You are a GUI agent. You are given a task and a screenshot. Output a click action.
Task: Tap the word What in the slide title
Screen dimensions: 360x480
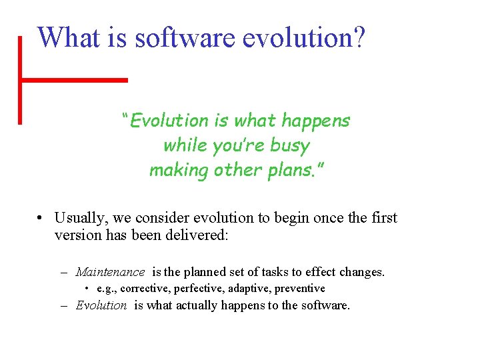click(x=66, y=37)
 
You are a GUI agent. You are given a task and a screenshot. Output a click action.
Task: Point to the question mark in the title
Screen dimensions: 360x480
click(x=358, y=37)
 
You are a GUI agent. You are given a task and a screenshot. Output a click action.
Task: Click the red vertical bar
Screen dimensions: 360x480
click(x=20, y=80)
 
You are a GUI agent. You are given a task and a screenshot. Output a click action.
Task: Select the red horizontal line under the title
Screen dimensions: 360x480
click(x=73, y=79)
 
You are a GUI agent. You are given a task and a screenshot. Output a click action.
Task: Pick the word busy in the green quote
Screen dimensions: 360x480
click(x=289, y=145)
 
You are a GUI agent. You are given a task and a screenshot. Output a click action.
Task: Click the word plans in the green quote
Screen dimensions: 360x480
click(x=291, y=170)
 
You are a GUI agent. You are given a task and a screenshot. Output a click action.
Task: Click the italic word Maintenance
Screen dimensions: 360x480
click(x=110, y=272)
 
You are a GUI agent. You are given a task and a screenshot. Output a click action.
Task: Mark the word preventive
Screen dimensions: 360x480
click(x=300, y=289)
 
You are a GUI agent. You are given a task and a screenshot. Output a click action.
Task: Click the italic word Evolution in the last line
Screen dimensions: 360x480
click(x=101, y=305)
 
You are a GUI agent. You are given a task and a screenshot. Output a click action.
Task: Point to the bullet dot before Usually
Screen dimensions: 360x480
click(x=41, y=219)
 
